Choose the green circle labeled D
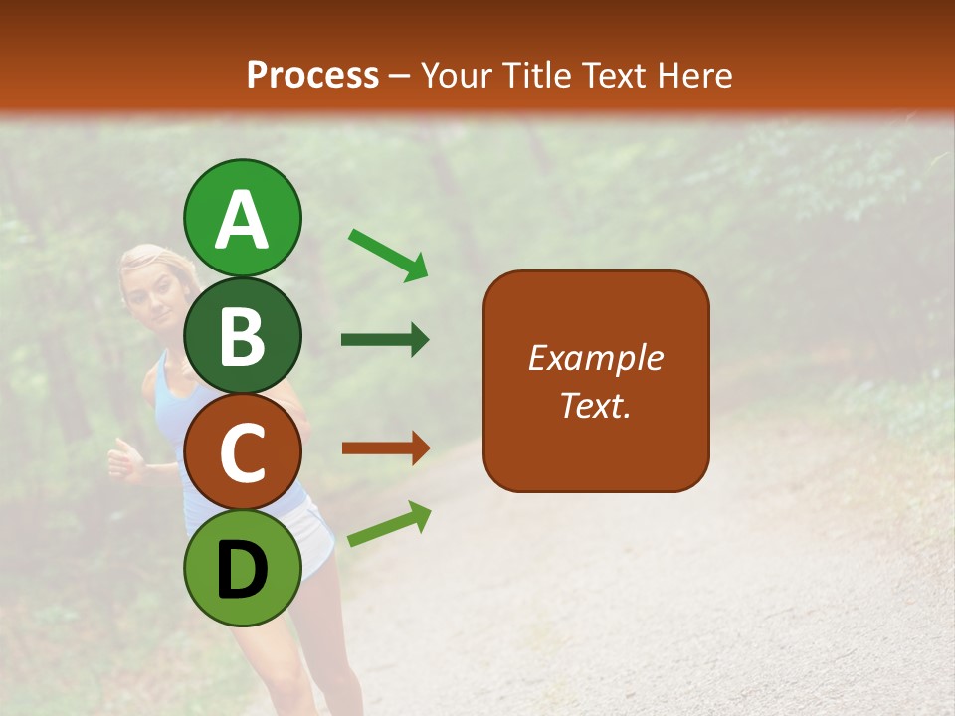(x=242, y=569)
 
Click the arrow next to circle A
(x=387, y=254)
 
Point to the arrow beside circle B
(x=385, y=340)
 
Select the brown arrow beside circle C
(x=385, y=448)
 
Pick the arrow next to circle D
(x=389, y=524)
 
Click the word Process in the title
(x=312, y=75)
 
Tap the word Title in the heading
(x=535, y=75)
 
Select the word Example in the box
(x=595, y=358)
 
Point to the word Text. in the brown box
(x=595, y=405)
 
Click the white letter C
(x=242, y=453)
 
